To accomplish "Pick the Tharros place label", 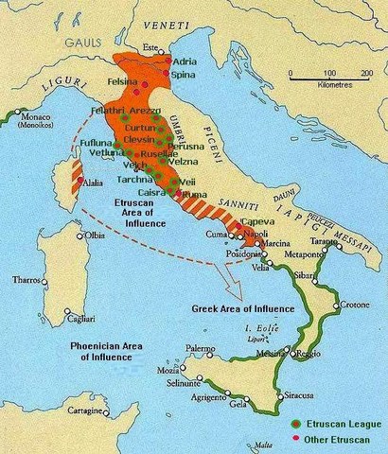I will click(26, 280).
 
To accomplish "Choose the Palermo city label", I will click(199, 349).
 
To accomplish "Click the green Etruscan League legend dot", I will click(296, 423).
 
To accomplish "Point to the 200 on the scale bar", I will click(365, 73).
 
